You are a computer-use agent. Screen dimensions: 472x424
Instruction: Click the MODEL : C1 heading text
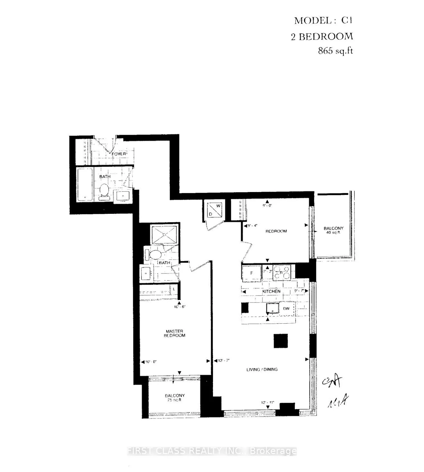coord(323,21)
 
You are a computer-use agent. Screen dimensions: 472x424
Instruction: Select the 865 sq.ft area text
coord(335,51)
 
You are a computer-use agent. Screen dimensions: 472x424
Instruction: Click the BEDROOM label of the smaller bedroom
coord(276,231)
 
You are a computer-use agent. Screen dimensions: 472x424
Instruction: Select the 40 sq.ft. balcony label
coord(333,230)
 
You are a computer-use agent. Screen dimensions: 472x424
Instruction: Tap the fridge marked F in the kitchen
coord(251,273)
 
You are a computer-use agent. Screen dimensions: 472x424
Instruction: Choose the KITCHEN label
coord(271,291)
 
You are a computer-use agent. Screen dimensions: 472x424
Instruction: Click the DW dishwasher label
coord(286,308)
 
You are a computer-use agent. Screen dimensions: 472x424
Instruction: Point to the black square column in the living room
coord(280,341)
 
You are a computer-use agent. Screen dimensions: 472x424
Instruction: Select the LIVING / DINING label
coord(262,369)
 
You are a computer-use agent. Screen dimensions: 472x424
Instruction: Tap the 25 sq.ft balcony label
coord(174,398)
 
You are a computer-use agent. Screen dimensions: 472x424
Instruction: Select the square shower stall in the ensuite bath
coord(165,234)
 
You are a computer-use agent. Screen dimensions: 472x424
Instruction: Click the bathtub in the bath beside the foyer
coord(85,184)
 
